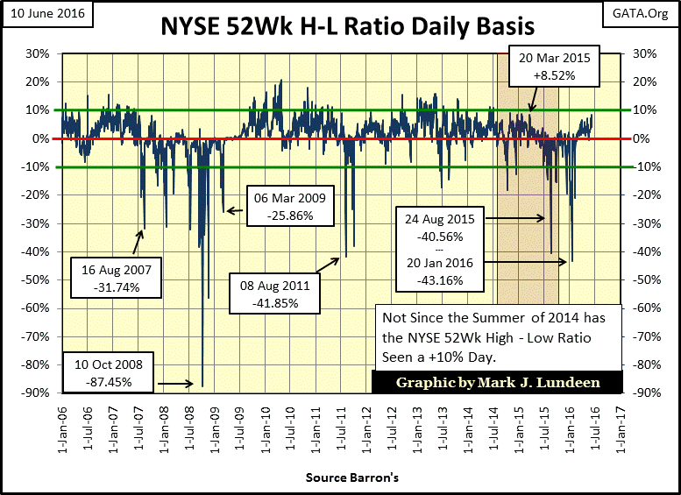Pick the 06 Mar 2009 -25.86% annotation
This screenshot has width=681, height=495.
pyautogui.click(x=290, y=207)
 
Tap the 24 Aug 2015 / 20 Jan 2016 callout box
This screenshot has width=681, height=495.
pyautogui.click(x=440, y=248)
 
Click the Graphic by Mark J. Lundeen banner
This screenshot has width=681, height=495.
pyautogui.click(x=497, y=383)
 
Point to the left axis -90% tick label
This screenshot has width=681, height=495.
pyautogui.click(x=36, y=392)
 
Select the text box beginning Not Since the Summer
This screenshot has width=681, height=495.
pyautogui.click(x=498, y=336)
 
